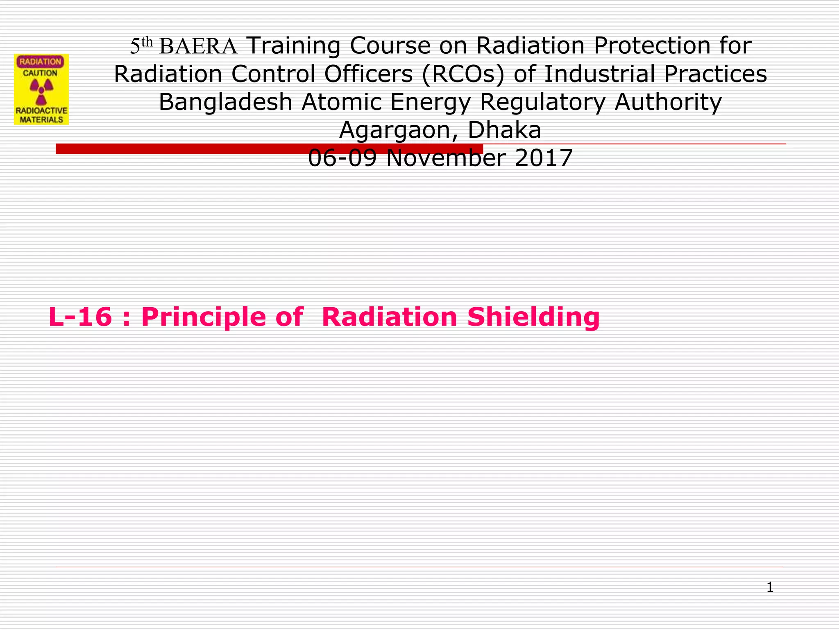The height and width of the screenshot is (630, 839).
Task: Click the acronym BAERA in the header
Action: (x=198, y=46)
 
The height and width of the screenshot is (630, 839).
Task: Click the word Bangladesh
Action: (x=225, y=102)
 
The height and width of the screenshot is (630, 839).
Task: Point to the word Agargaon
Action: (x=400, y=130)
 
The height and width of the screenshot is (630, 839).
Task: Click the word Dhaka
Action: (x=504, y=130)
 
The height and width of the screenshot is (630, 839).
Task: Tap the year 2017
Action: (x=543, y=158)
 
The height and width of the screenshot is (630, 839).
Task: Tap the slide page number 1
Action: (x=770, y=587)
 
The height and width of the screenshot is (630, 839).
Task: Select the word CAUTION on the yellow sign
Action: (x=40, y=73)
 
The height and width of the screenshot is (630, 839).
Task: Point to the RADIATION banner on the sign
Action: (x=40, y=62)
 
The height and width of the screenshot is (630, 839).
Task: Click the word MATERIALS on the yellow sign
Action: (x=41, y=120)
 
